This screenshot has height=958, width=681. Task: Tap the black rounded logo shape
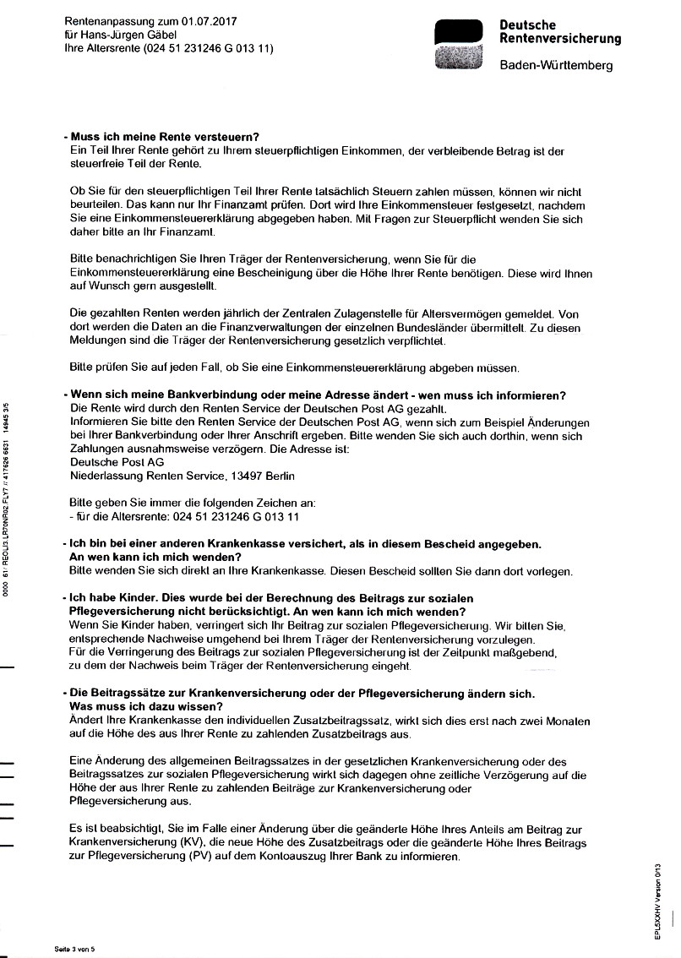[x=458, y=31]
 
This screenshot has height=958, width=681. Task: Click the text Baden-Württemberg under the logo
[x=556, y=66]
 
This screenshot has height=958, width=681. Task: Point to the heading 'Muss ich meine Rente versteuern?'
[x=164, y=137]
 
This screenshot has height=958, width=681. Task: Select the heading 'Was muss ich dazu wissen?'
[x=145, y=706]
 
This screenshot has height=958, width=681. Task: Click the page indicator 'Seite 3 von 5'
[x=74, y=950]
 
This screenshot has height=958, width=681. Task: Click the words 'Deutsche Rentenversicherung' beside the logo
[x=559, y=32]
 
